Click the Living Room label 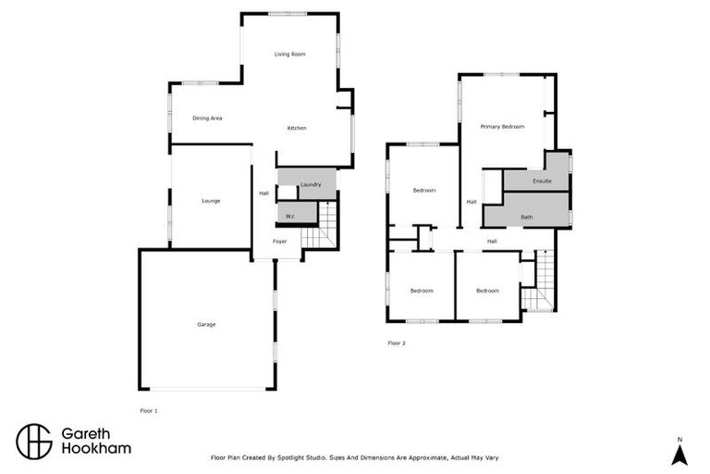pos(289,55)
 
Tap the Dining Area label pos(207,118)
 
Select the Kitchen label pos(296,128)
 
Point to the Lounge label pos(210,201)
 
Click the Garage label pos(205,324)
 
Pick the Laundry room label pos(310,185)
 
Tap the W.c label pos(289,216)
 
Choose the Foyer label pos(279,242)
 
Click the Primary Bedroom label pos(502,126)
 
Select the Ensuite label pos(541,181)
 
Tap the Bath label pos(526,217)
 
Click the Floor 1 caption pos(148,409)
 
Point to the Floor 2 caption pos(396,343)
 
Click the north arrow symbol pos(679,453)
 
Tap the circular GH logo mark pos(34,442)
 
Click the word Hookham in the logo pos(96,449)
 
